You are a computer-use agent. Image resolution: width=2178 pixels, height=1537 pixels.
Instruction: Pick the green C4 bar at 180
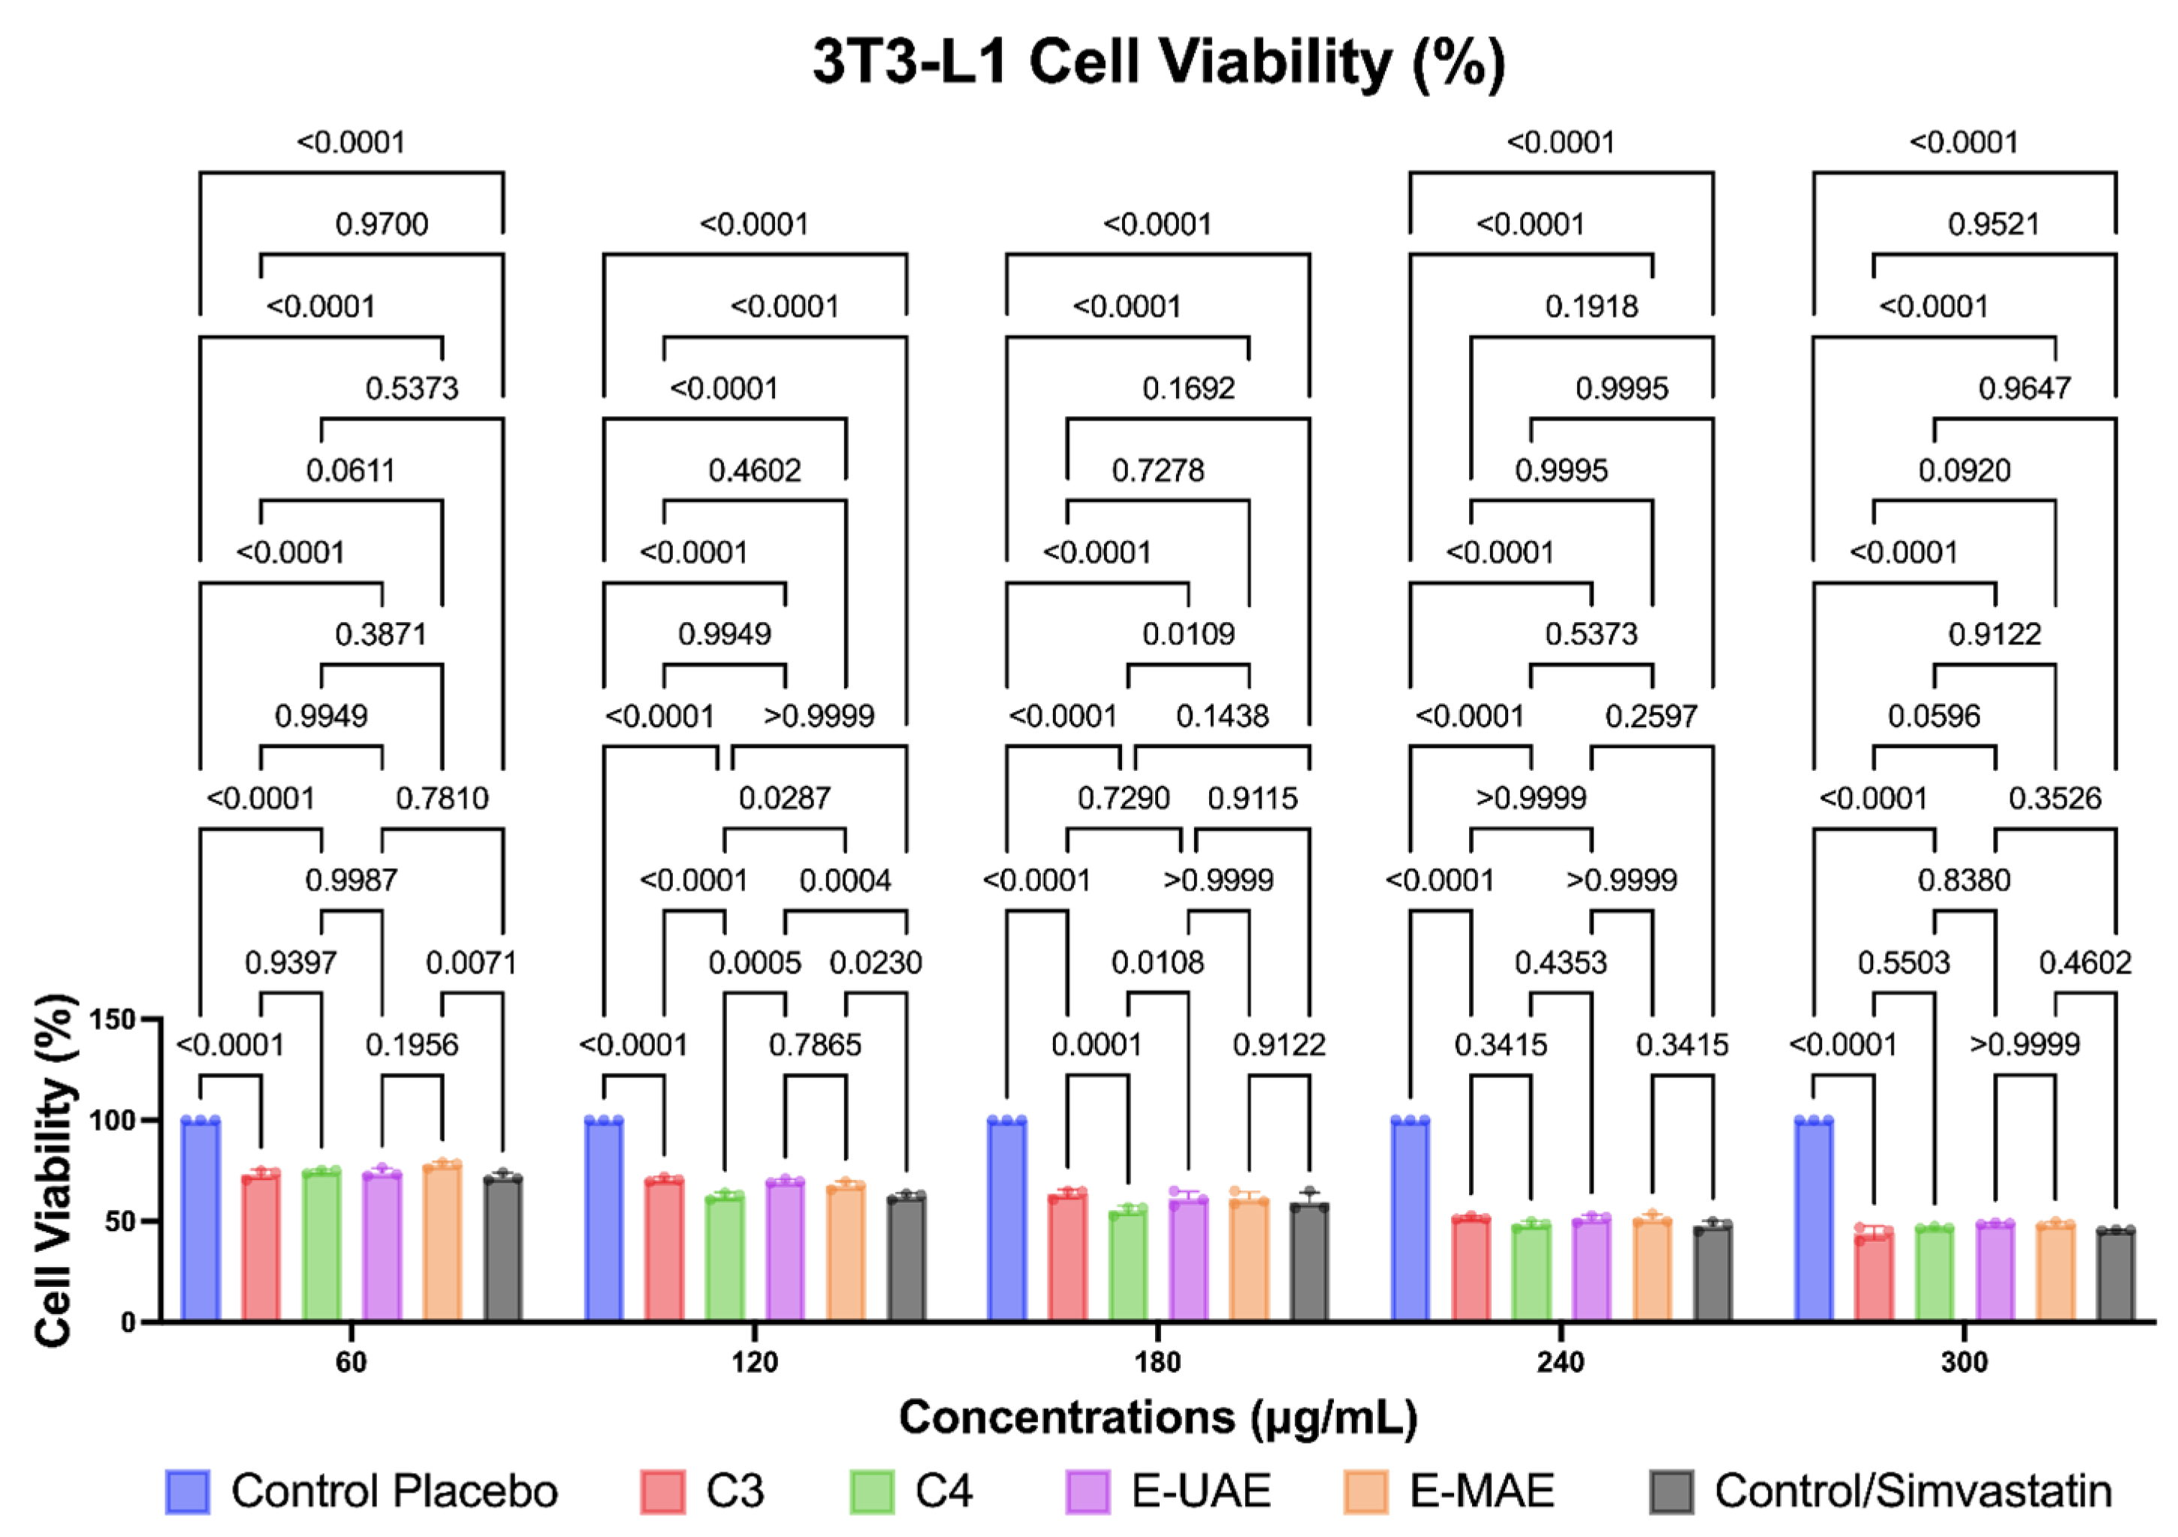click(x=1128, y=1266)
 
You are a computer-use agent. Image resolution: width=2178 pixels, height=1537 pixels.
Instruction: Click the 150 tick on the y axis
click(x=112, y=1020)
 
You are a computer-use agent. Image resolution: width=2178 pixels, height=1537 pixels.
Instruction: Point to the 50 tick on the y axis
click(x=116, y=1221)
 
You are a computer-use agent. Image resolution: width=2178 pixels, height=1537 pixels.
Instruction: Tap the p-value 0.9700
click(x=382, y=225)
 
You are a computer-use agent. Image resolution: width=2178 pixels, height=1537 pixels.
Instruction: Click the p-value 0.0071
click(x=472, y=963)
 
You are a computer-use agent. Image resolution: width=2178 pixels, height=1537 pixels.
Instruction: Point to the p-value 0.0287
click(x=785, y=799)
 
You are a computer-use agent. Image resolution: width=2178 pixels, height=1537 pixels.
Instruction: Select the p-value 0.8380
click(x=1964, y=880)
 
